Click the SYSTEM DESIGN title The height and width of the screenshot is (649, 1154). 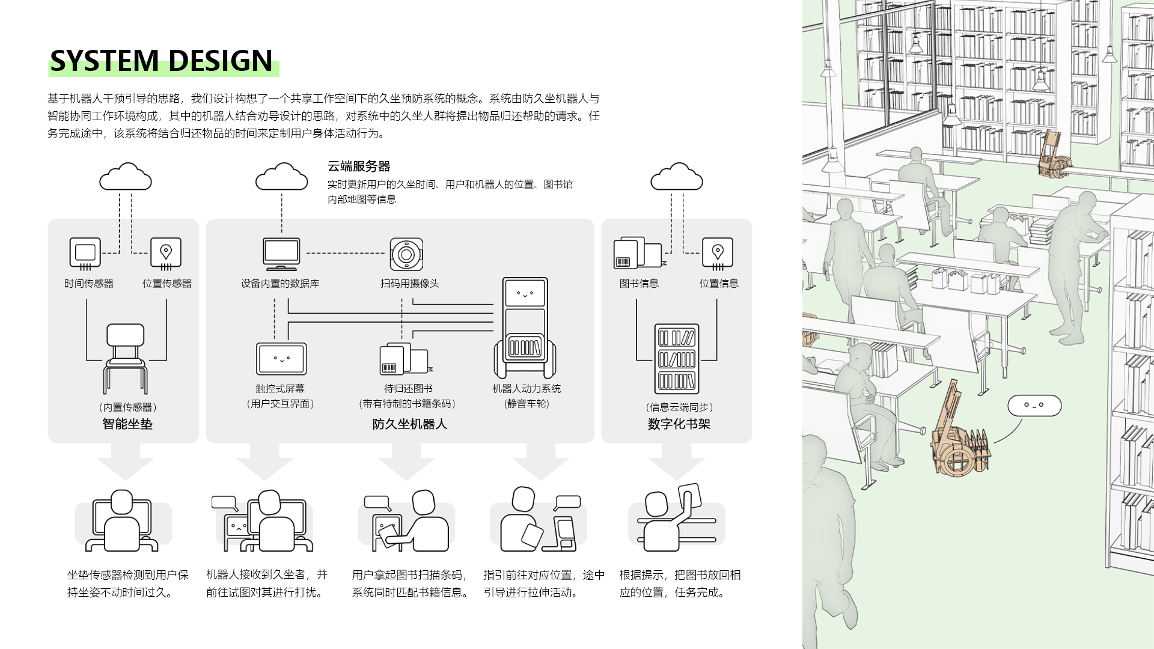[x=161, y=61]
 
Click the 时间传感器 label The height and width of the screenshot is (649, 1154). [x=89, y=284]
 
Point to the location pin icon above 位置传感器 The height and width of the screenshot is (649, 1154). [x=166, y=253]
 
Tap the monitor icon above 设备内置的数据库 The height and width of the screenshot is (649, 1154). [x=281, y=254]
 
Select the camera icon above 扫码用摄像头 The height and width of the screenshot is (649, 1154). [x=406, y=254]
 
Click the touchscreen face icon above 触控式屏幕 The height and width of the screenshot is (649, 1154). [x=281, y=359]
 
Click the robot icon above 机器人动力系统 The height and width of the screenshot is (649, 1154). [x=525, y=328]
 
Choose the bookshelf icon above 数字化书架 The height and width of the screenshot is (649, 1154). [x=677, y=359]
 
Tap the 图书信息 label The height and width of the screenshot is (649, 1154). [x=639, y=284]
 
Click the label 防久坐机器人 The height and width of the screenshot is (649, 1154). [x=409, y=424]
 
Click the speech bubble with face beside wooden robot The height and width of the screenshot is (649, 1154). [x=1034, y=406]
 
